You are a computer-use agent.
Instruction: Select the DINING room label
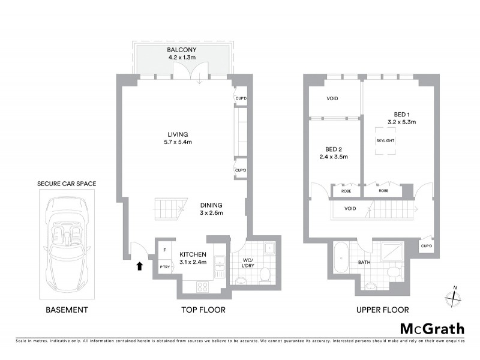click(211, 208)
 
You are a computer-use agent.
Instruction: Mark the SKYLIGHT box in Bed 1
click(385, 140)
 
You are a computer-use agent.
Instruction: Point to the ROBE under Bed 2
click(347, 191)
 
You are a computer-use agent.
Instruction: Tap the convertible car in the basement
click(67, 242)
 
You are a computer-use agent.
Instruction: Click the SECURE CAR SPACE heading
click(67, 184)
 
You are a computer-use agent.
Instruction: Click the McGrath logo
click(432, 328)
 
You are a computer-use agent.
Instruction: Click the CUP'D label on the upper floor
click(427, 245)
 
